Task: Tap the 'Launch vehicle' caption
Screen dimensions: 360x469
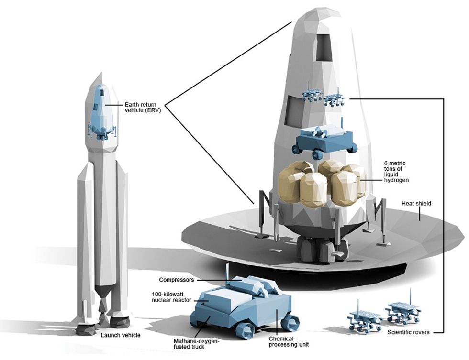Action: [121, 335]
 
